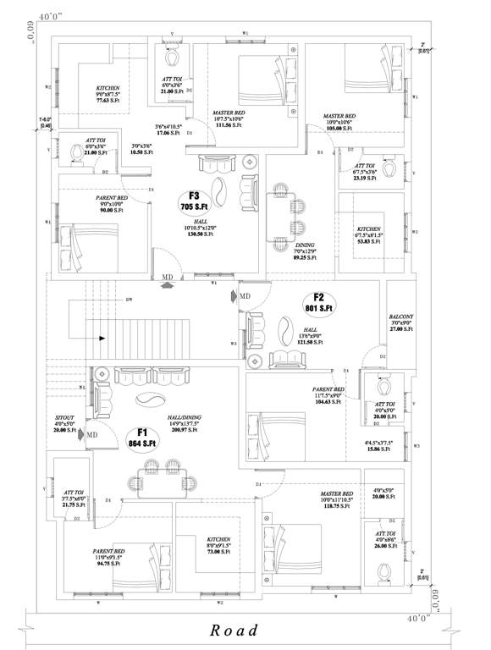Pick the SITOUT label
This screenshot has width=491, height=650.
coord(64,424)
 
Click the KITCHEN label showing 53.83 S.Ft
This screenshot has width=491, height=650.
coord(368,234)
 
